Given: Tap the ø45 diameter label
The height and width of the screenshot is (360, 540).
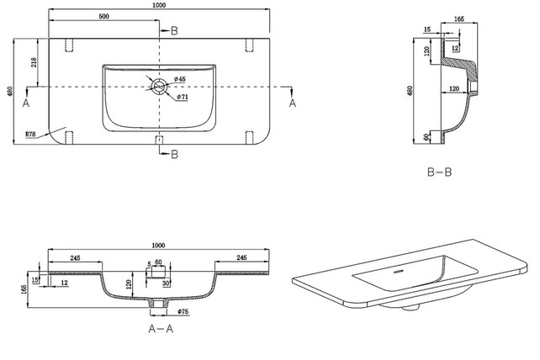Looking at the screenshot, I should [181, 79].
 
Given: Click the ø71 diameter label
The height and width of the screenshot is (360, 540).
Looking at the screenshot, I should [183, 97].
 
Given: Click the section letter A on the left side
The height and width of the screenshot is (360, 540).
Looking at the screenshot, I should [26, 103].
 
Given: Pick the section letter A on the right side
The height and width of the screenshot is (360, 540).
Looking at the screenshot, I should [293, 103].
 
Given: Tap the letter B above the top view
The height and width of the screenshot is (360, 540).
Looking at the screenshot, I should [174, 31].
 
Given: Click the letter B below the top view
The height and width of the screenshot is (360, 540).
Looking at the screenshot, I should [174, 154].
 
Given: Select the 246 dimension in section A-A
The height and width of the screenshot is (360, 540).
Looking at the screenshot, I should [242, 257].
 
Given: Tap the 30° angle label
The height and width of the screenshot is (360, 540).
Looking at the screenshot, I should [167, 283].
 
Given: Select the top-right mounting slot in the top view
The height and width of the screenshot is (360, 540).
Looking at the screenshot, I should [250, 45].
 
